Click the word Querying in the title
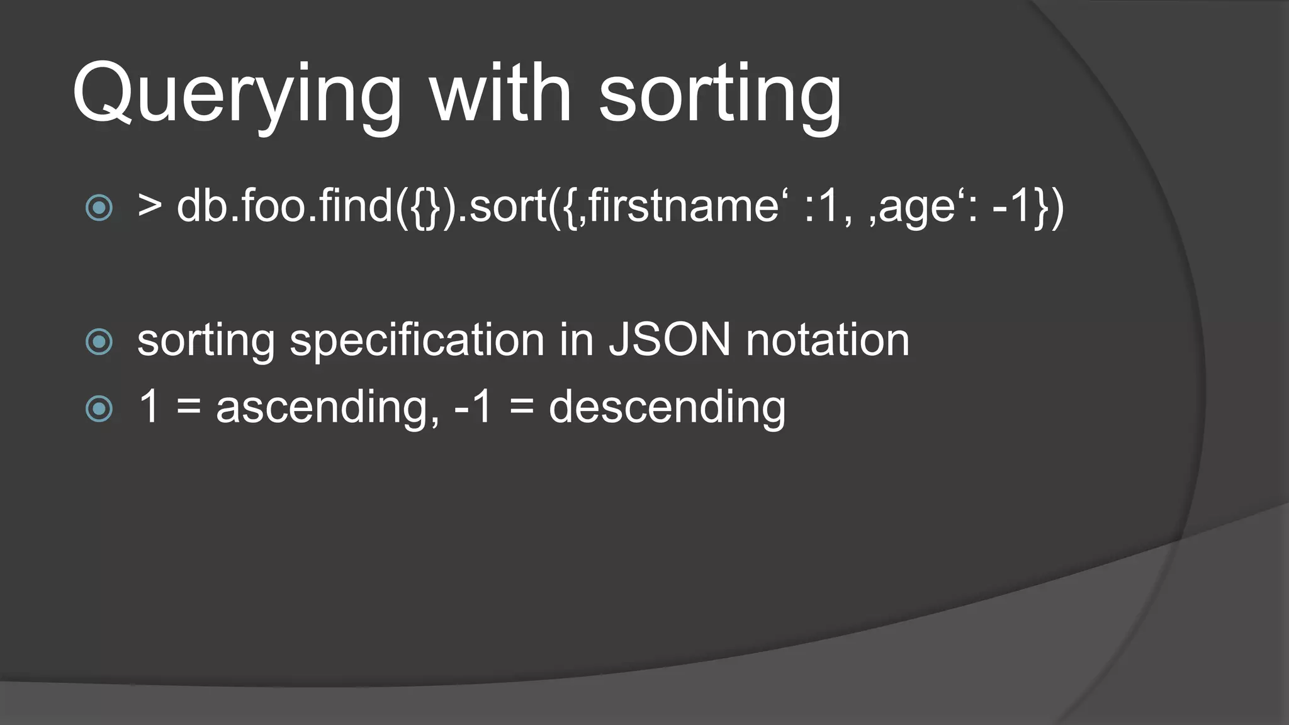pyautogui.click(x=237, y=94)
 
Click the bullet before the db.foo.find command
pyautogui.click(x=99, y=208)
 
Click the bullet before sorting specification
pyautogui.click(x=99, y=342)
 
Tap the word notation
pyautogui.click(x=827, y=340)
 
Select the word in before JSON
pyautogui.click(x=577, y=340)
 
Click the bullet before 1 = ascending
pyautogui.click(x=99, y=409)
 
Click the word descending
pyautogui.click(x=667, y=408)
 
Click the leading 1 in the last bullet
pyautogui.click(x=149, y=407)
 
